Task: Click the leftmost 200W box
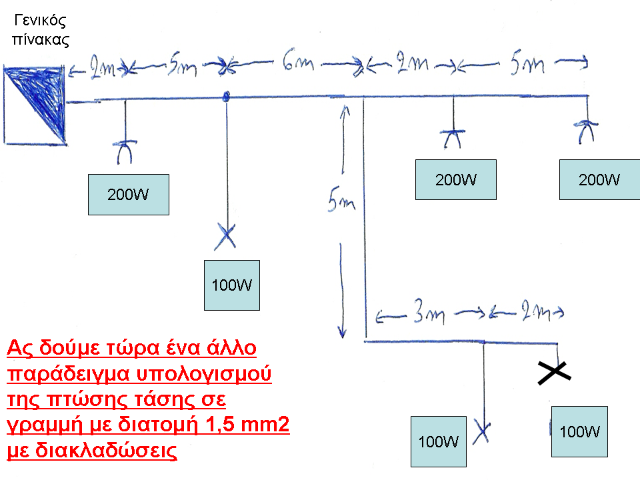tap(129, 195)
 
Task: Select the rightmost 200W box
tap(599, 179)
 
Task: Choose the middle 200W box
tap(455, 179)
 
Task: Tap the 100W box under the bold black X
tap(579, 431)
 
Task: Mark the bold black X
tap(555, 374)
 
